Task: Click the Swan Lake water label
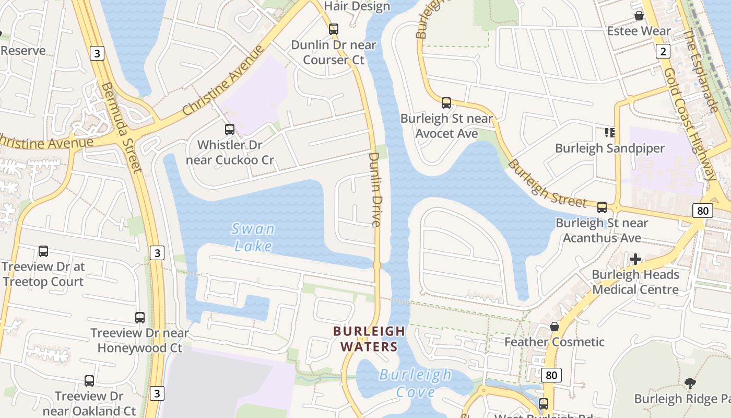(x=253, y=237)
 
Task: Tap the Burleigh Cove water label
(x=416, y=383)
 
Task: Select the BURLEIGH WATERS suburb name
(x=369, y=339)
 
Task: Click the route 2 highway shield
(x=663, y=51)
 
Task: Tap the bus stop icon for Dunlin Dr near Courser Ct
(x=334, y=29)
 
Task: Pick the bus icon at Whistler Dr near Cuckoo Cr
(x=230, y=129)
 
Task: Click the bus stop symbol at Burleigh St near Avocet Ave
(x=446, y=102)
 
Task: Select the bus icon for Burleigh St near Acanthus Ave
(x=602, y=207)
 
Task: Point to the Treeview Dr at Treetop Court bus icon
(x=43, y=251)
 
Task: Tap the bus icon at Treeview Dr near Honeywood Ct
(x=139, y=317)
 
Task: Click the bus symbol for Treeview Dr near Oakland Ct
(x=89, y=381)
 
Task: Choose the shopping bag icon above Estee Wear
(x=639, y=16)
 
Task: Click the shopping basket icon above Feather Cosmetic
(x=555, y=327)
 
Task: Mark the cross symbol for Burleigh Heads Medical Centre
(x=635, y=259)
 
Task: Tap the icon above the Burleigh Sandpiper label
(x=609, y=133)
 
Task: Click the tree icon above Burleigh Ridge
(x=690, y=384)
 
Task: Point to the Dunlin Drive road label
(x=375, y=189)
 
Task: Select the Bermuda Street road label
(x=122, y=127)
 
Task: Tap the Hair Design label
(x=357, y=6)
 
